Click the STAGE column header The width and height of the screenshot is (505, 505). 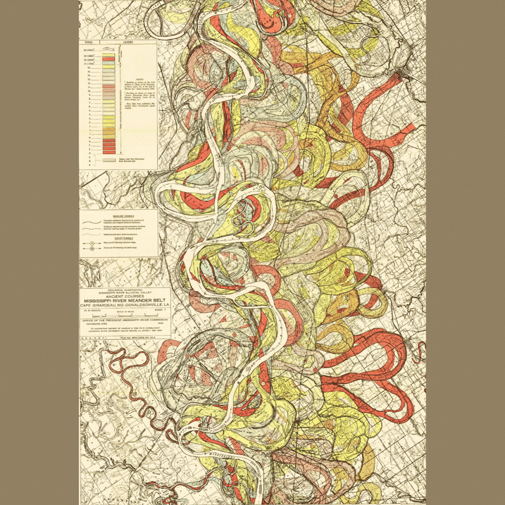point(88,42)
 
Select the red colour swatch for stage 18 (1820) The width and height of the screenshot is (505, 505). point(108,60)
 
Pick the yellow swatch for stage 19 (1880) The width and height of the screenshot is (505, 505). point(108,55)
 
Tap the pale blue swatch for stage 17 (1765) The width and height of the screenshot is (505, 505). point(108,64)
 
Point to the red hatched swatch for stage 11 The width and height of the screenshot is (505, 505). point(108,87)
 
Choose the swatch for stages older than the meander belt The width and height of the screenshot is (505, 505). point(108,160)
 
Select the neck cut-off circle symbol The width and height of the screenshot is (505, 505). point(91,243)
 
